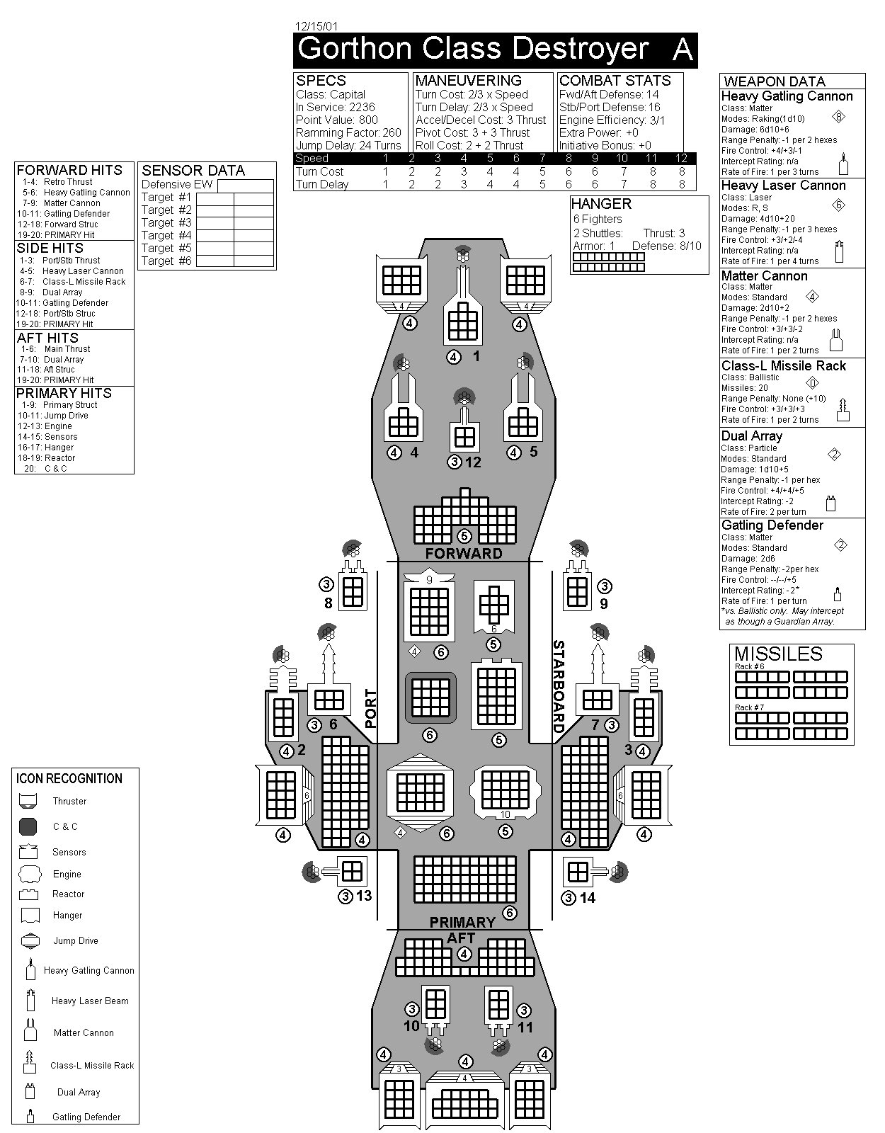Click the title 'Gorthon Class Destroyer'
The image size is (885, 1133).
(473, 49)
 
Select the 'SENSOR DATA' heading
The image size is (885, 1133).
(193, 171)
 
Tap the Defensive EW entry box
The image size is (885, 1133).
(246, 186)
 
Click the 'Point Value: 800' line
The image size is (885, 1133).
(337, 120)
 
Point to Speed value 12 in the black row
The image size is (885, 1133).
(681, 158)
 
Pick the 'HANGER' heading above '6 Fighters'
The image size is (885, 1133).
(602, 204)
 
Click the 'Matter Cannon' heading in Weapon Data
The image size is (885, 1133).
(764, 276)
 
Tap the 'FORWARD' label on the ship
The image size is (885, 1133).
(463, 554)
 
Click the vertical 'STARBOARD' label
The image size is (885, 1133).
(558, 686)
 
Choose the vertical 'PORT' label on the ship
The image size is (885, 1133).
(370, 709)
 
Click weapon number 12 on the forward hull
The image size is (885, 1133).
(473, 462)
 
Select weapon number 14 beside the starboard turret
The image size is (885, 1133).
(588, 898)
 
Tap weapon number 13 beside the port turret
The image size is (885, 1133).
(364, 896)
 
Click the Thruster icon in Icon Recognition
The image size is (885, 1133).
(28, 802)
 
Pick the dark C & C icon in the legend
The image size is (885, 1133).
(28, 826)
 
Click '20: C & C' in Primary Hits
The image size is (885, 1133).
(45, 469)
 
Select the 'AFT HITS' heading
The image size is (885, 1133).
(47, 338)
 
